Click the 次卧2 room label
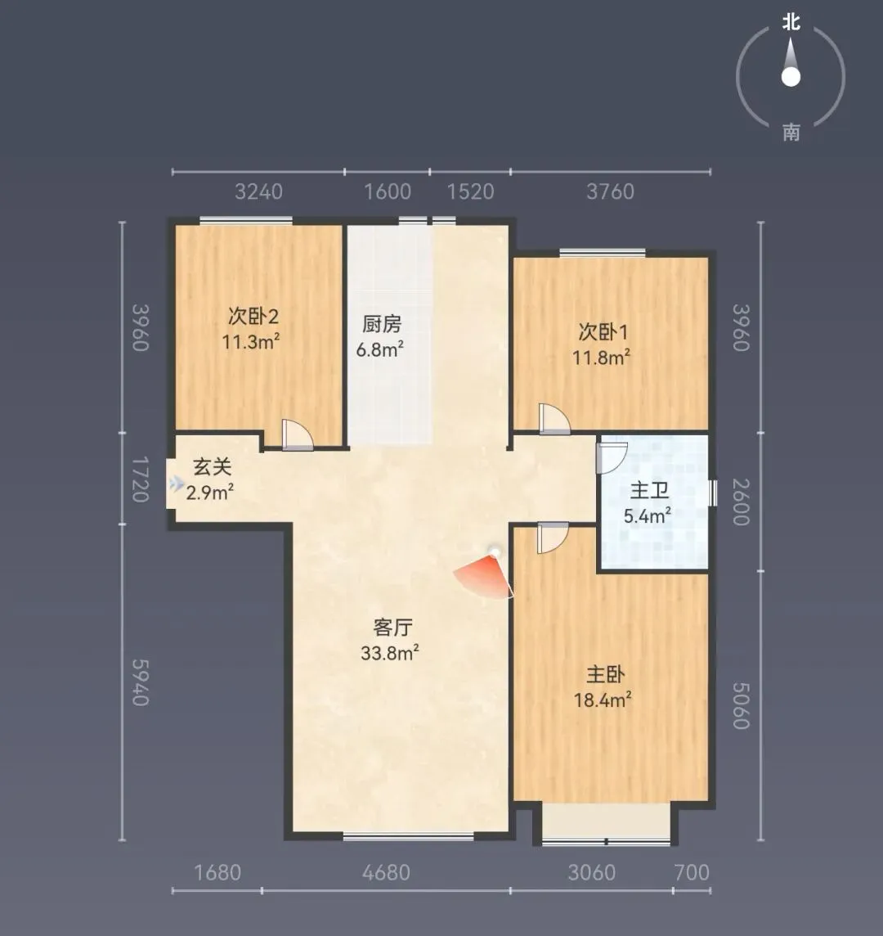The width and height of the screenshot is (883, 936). (253, 316)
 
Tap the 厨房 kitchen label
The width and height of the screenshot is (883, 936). (382, 324)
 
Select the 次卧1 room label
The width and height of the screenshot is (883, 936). (603, 332)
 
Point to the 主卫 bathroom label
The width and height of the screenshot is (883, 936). (649, 491)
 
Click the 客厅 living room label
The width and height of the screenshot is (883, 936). (392, 628)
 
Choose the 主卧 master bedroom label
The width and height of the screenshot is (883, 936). (605, 674)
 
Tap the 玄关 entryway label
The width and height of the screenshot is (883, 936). (212, 467)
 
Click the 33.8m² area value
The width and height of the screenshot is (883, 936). (390, 652)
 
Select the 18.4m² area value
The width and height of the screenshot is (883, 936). (603, 699)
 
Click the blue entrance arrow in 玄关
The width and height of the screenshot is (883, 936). (177, 484)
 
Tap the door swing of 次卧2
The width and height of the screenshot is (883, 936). (297, 434)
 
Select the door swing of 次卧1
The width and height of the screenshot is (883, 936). (554, 418)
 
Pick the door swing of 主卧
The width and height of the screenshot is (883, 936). (553, 538)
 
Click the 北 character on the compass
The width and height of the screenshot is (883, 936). (791, 23)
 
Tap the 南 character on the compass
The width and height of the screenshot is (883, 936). (791, 132)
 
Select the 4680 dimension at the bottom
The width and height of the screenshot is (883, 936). (386, 873)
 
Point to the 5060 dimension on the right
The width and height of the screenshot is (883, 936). (741, 706)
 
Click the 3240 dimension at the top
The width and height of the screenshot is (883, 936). (258, 191)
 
